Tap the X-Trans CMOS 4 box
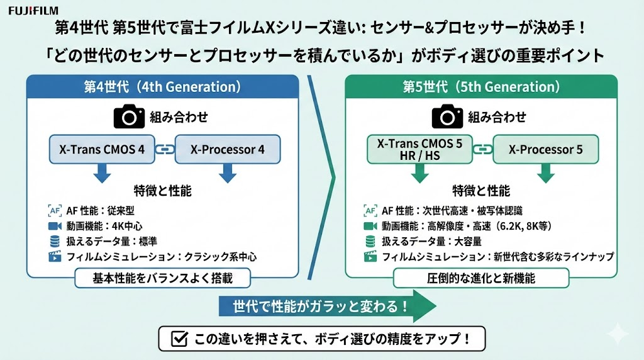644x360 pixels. [x=101, y=150]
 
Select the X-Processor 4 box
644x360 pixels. [x=227, y=150]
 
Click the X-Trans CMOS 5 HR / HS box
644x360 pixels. [x=419, y=149]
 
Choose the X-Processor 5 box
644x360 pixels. [x=545, y=150]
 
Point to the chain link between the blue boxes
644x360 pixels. [x=164, y=150]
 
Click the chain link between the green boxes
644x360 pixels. [x=482, y=150]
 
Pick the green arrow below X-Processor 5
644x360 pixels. [x=546, y=173]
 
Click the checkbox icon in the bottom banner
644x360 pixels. [x=179, y=339]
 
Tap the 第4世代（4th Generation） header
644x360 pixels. [x=162, y=87]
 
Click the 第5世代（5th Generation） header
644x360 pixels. [x=481, y=87]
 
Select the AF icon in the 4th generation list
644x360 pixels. [x=55, y=211]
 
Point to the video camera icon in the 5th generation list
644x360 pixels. [x=370, y=226]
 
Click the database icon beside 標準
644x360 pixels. [x=54, y=241]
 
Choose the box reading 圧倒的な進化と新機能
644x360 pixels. [x=481, y=278]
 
